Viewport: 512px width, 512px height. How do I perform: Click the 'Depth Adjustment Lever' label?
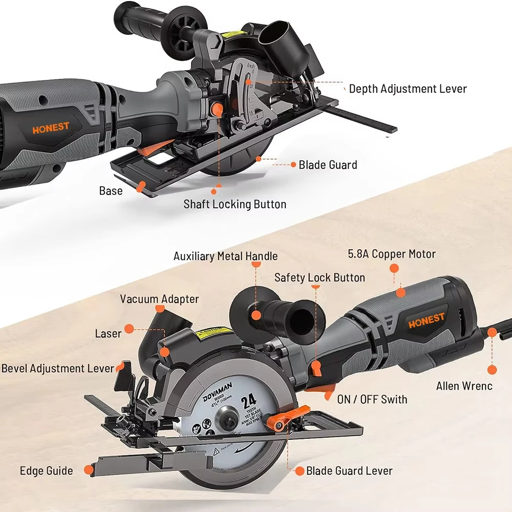408,89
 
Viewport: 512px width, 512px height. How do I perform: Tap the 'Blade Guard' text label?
328,165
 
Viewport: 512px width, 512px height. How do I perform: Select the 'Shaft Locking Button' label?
235,204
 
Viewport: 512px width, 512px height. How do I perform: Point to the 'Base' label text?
111,191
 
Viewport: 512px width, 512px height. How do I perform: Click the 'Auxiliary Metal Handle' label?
225,256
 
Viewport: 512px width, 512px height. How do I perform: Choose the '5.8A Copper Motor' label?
391,253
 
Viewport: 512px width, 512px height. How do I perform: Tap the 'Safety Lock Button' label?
319,278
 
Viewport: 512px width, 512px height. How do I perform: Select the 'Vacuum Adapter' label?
159,299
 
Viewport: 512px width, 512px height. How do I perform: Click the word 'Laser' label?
108,334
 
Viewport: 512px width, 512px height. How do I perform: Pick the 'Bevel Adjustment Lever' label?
57,368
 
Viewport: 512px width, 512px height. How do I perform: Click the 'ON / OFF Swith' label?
372,399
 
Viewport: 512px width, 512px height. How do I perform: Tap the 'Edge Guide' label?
46,471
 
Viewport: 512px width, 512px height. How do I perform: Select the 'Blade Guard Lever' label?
349,471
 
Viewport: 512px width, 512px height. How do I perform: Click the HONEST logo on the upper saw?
50,128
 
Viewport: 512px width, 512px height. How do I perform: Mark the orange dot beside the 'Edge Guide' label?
89,468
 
